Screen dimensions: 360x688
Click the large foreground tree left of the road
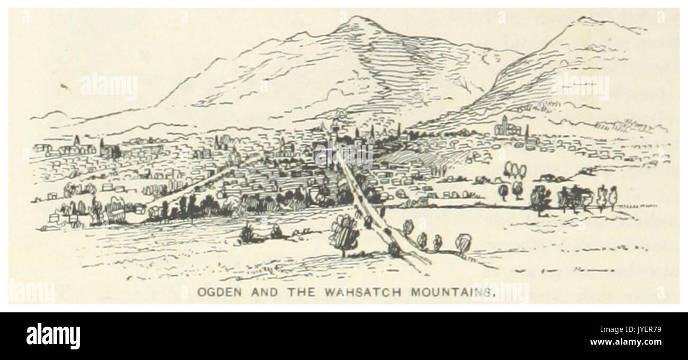tap(344, 233)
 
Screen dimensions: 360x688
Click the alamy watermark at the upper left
tap(109, 86)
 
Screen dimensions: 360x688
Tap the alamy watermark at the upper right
tap(580, 86)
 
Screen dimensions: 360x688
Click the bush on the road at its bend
tap(394, 248)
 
